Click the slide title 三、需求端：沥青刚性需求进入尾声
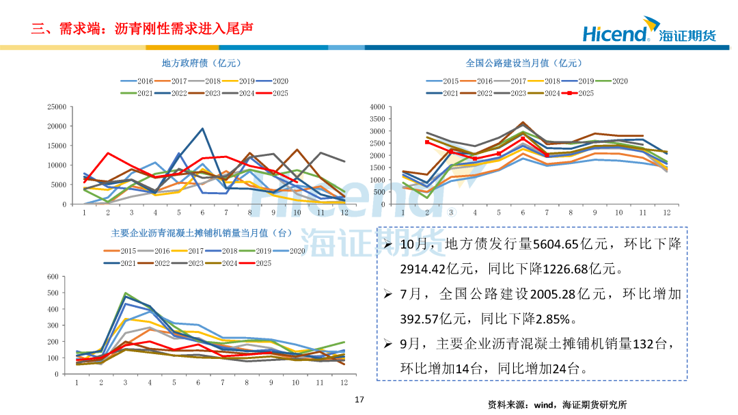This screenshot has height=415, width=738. pyautogui.click(x=142, y=29)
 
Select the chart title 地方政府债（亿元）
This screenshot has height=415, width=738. pyautogui.click(x=202, y=63)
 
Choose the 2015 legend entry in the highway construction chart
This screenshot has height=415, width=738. pyautogui.click(x=444, y=81)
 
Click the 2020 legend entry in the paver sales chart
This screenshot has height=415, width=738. pyautogui.click(x=290, y=251)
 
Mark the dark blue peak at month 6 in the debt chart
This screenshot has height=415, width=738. pyautogui.click(x=202, y=129)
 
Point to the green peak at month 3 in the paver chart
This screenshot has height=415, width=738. pyautogui.click(x=125, y=293)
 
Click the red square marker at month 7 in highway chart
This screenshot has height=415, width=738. pyautogui.click(x=547, y=155)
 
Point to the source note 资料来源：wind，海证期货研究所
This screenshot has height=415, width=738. pyautogui.click(x=557, y=404)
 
